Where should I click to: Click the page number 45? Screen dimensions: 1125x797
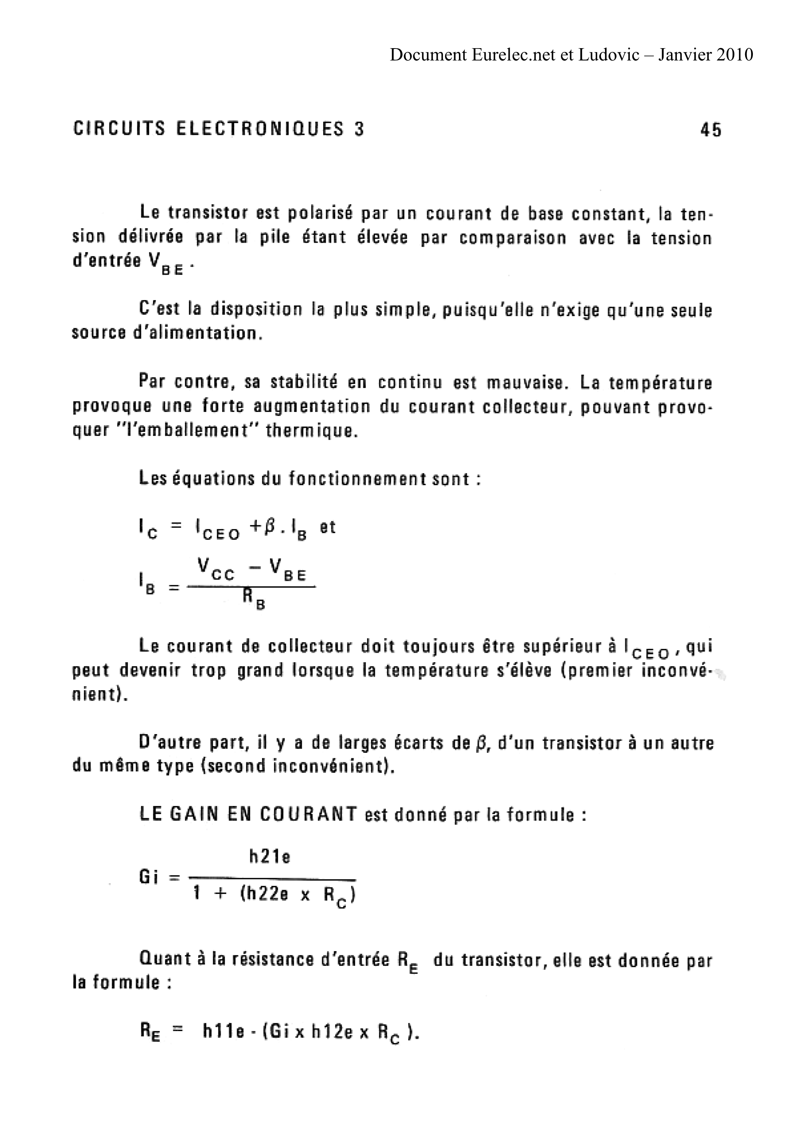[x=711, y=130]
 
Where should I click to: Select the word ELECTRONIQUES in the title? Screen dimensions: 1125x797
[x=259, y=129]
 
